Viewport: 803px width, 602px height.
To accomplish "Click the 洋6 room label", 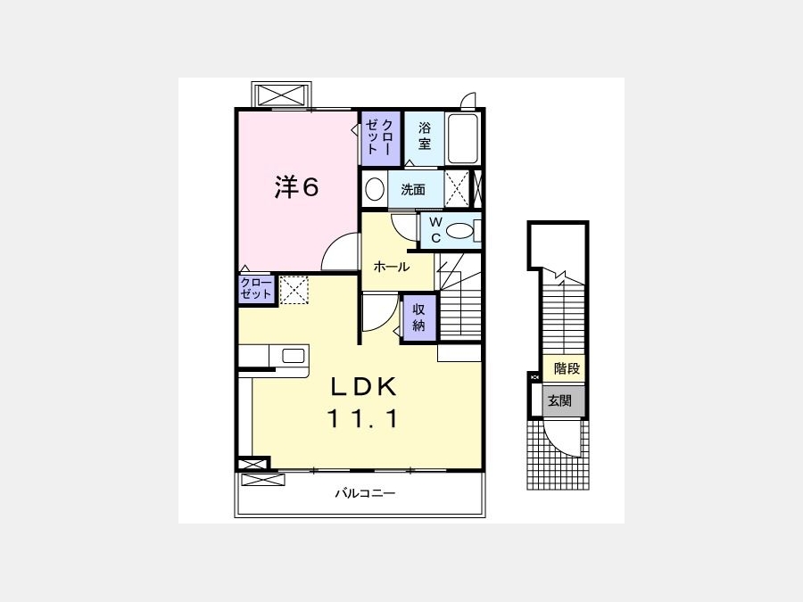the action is point(296,187).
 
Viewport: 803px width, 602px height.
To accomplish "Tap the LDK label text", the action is point(363,387).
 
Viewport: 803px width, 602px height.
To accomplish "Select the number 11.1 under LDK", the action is point(362,419).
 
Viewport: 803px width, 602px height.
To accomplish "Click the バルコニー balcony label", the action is point(365,493).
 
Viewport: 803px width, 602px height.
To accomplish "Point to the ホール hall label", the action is point(392,267).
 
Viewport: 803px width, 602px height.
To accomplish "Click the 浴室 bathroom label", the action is point(424,136).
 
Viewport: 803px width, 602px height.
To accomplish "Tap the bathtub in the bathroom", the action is point(463,138).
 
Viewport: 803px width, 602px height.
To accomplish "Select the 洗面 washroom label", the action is point(413,190).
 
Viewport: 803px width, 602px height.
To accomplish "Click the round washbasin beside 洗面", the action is point(376,189).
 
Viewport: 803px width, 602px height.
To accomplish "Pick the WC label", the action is point(435,230).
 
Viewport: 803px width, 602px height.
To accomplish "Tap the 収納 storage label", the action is point(419,317).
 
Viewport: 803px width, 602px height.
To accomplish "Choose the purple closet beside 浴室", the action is point(380,137).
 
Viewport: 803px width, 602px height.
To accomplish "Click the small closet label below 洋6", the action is point(256,289).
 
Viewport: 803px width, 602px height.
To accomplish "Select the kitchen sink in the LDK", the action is point(294,356).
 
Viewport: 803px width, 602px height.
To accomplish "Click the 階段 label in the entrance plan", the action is point(567,368).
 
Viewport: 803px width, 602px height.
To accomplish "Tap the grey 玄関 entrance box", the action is point(563,400).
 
